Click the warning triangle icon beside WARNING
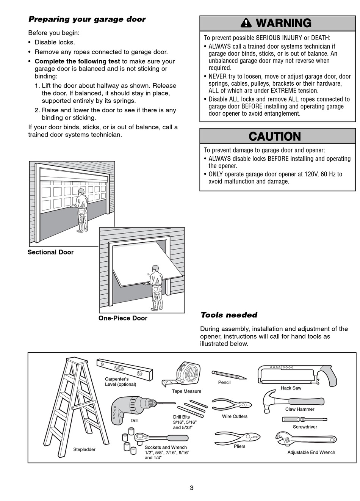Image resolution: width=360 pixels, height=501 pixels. [x=246, y=23]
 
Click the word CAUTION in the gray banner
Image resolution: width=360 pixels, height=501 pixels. [x=275, y=137]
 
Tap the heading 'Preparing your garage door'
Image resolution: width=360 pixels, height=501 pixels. [x=87, y=19]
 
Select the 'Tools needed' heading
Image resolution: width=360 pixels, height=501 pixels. [x=229, y=315]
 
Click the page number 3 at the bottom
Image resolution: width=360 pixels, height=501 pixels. [x=191, y=488]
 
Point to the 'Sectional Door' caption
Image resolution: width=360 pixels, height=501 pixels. [x=50, y=252]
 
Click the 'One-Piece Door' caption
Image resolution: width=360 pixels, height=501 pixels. [x=123, y=318]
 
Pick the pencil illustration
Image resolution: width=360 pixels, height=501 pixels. [x=229, y=375]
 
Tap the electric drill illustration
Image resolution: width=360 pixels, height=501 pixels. [x=131, y=408]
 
